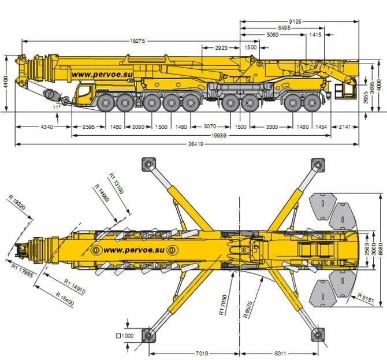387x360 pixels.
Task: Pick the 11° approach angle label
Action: pos(56,107)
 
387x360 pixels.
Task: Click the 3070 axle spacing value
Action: pos(210,127)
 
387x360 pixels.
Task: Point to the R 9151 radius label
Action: pos(366,297)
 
